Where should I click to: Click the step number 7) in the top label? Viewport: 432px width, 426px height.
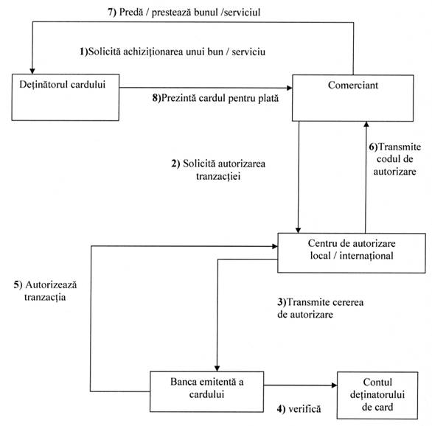pyautogui.click(x=112, y=13)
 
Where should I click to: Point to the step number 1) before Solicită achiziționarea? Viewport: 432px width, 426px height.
pyautogui.click(x=84, y=52)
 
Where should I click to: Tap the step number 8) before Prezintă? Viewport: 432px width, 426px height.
pyautogui.click(x=156, y=98)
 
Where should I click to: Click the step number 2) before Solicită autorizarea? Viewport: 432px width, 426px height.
pyautogui.click(x=175, y=164)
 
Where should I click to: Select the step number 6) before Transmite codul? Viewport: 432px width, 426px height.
pyautogui.click(x=373, y=147)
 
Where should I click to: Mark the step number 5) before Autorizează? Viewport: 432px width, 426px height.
pyautogui.click(x=18, y=284)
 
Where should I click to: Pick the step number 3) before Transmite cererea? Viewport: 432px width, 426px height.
pyautogui.click(x=282, y=302)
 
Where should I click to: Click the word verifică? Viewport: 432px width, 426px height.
pyautogui.click(x=304, y=409)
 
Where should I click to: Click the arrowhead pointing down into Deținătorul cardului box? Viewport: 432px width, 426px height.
pyautogui.click(x=32, y=71)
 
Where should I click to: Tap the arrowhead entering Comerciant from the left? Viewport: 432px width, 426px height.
pyautogui.click(x=289, y=88)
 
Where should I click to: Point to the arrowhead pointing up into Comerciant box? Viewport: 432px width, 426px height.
pyautogui.click(x=366, y=125)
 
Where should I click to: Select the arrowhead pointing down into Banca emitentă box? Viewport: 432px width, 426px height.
pyautogui.click(x=217, y=369)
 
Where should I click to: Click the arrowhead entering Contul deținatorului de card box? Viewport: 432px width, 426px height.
pyautogui.click(x=334, y=385)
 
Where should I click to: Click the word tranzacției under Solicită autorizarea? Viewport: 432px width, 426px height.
pyautogui.click(x=218, y=176)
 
